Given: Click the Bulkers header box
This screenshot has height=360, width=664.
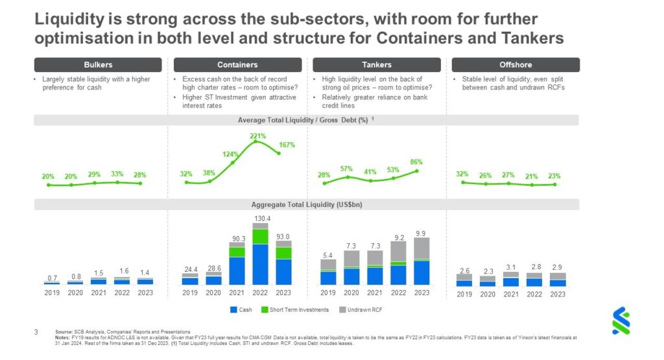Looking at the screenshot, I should (98, 65).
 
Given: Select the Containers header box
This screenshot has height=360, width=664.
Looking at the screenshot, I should (237, 65).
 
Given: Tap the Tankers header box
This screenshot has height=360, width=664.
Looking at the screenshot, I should (376, 65).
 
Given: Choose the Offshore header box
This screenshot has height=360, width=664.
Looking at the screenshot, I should (516, 65).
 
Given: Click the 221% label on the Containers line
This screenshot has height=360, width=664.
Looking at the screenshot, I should (258, 136).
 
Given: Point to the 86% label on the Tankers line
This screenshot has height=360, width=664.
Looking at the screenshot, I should (416, 162).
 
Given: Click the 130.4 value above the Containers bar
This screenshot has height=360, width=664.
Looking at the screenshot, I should (261, 218).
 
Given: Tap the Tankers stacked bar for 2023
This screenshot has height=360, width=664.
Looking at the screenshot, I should (421, 261).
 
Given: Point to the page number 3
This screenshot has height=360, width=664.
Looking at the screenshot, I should (36, 331).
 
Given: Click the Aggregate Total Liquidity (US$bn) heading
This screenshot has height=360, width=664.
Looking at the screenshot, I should (306, 204).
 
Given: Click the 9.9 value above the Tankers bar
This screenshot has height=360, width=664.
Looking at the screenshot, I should (421, 234).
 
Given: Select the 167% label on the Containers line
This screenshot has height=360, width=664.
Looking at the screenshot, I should (287, 145).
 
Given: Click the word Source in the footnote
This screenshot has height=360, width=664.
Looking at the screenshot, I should (64, 331).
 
